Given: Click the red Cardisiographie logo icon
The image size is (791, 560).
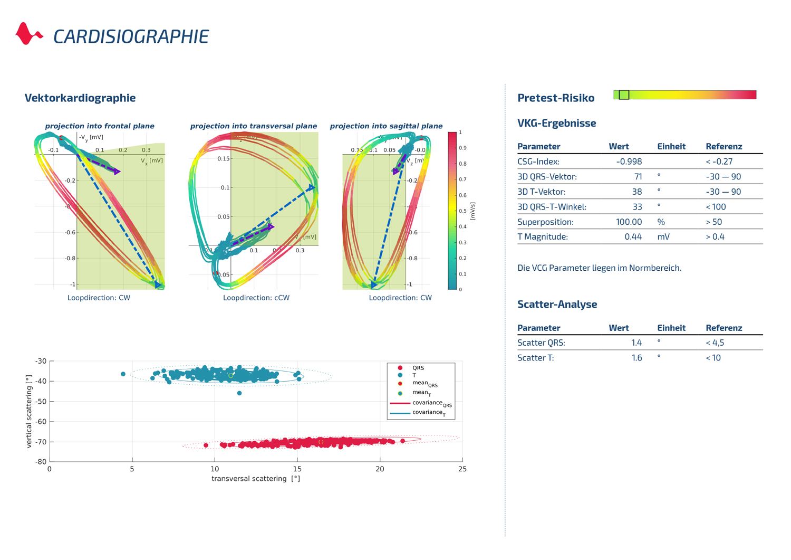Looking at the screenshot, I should tap(28, 34).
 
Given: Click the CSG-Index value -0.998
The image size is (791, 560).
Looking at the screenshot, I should tap(629, 162).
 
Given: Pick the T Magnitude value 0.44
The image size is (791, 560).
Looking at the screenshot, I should tap(633, 237).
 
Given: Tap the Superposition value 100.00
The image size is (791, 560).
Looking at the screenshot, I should tap(629, 222).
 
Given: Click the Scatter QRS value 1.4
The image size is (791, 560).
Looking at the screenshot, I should tap(636, 343).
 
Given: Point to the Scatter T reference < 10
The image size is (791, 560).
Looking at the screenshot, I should tap(713, 358).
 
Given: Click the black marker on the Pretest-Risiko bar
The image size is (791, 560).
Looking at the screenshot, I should tap(624, 94).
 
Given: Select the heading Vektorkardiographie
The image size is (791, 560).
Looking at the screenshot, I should tap(80, 98).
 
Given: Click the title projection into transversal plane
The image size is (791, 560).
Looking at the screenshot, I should tap(253, 126).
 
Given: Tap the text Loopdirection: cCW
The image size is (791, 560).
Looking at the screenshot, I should tap(256, 298).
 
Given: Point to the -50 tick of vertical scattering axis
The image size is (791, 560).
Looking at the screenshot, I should tap(41, 402).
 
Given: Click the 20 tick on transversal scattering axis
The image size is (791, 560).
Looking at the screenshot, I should tap(380, 469).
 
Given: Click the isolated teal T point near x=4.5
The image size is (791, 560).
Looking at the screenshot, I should tap(123, 374).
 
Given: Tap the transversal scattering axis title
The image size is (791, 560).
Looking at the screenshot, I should tap(256, 479).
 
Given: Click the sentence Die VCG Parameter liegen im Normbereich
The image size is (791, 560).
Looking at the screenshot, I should tap(599, 268).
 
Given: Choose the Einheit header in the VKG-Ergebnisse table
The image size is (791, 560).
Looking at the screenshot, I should tap(671, 147).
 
